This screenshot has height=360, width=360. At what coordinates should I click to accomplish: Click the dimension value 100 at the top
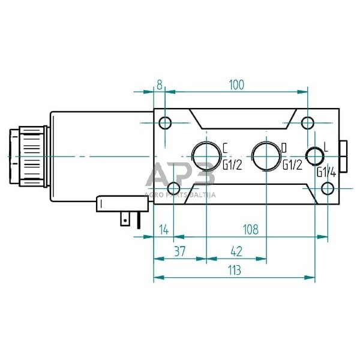236,85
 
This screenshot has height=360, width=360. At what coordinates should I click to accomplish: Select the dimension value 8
160,85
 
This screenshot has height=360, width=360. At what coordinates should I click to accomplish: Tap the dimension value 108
250,229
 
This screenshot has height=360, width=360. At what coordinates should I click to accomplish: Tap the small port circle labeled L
314,157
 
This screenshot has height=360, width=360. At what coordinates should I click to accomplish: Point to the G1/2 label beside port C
232,165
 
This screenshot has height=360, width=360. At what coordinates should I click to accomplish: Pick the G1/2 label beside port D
291,165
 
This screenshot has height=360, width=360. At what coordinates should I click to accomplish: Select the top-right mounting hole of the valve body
307,124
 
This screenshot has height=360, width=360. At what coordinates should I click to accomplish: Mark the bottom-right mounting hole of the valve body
327,189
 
